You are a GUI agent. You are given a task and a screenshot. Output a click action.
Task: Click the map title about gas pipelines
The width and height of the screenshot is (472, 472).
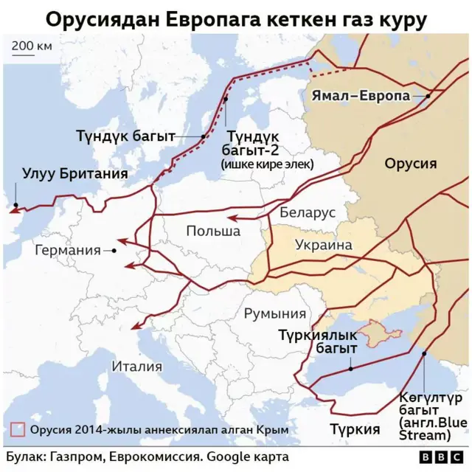click(236, 18)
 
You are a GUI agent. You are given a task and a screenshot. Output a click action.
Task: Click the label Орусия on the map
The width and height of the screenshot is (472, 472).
click(410, 163)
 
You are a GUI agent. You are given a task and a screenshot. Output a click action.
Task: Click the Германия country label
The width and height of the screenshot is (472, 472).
click(67, 250)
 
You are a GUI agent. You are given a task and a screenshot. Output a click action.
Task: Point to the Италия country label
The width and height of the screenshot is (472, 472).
click(136, 366)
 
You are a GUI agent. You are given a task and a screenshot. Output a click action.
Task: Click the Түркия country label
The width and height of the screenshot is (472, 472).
click(355, 429)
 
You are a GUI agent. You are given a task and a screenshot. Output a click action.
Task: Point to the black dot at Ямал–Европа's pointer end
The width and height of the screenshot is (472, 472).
click(428, 96)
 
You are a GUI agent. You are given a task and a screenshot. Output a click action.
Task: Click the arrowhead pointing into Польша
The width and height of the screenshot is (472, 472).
click(231, 218)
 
